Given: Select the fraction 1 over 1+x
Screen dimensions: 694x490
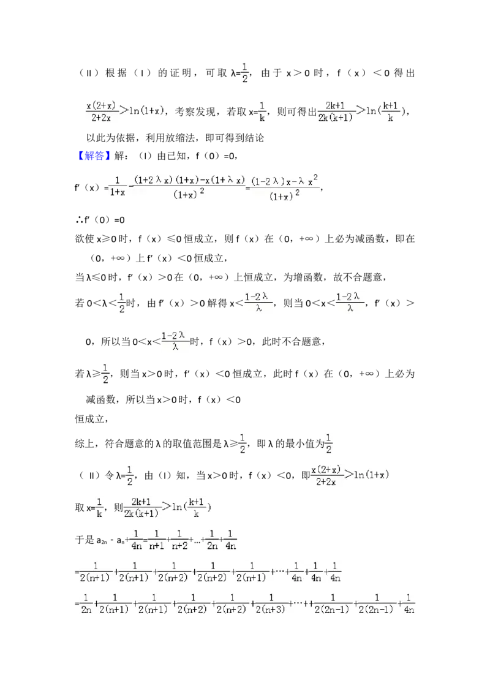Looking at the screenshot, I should coord(116,186).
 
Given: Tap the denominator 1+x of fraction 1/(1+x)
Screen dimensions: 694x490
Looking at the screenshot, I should coord(116,192).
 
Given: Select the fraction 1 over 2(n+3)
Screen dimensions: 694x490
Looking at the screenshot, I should coord(271,603).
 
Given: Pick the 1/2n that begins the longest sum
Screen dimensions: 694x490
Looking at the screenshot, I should coord(86,603).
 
